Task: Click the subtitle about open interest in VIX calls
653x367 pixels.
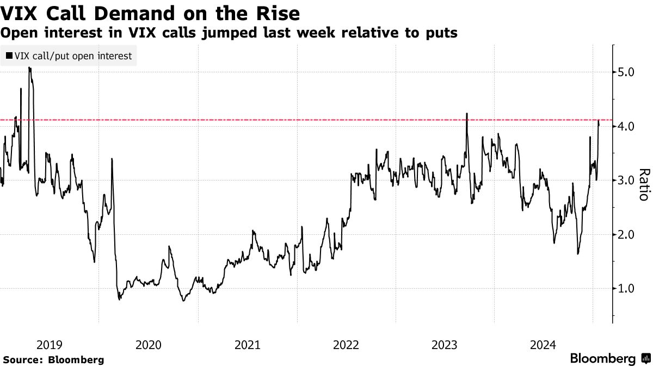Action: pos(229,33)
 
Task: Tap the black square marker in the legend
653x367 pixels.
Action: pos(9,55)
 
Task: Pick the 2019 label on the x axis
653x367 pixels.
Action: pos(50,345)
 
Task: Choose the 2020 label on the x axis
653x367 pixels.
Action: pos(148,345)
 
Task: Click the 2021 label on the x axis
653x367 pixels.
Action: pos(247,345)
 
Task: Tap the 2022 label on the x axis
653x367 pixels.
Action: pos(346,345)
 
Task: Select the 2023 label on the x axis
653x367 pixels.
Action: pos(445,345)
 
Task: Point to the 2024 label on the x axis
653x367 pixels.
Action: pos(544,345)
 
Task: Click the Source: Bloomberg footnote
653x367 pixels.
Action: pos(53,360)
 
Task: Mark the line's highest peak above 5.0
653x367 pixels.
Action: pos(29,69)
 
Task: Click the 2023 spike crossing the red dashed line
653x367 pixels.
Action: pos(467,114)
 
